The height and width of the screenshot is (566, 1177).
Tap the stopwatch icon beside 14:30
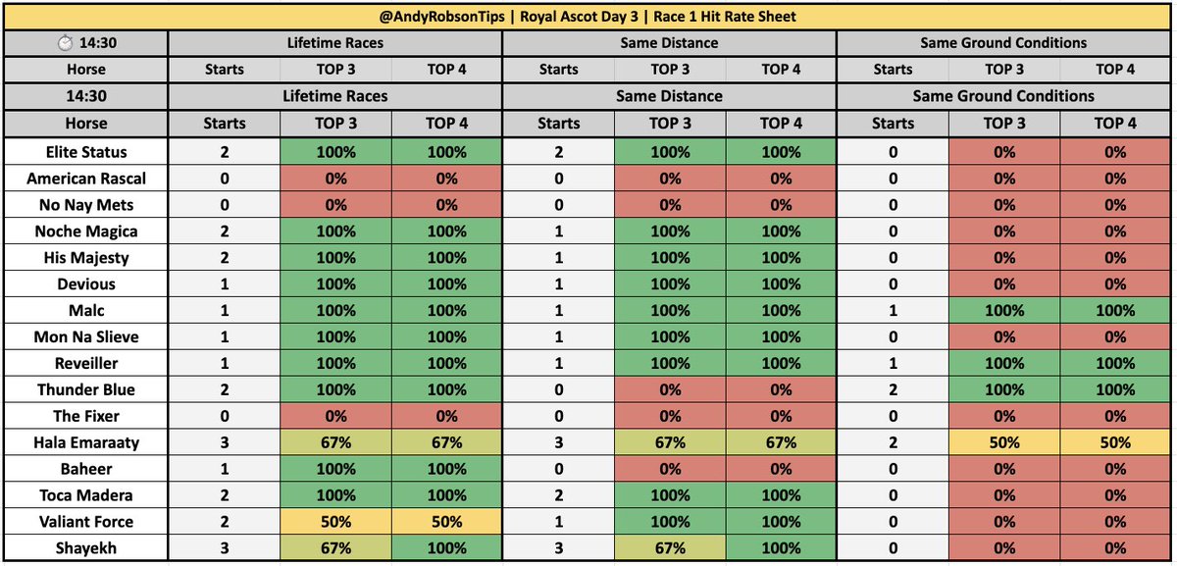[65, 43]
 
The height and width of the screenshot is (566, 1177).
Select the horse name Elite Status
[85, 152]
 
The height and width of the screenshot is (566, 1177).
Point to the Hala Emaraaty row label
[85, 442]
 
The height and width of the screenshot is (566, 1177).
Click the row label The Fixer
[85, 416]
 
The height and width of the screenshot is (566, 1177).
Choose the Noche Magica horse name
[85, 232]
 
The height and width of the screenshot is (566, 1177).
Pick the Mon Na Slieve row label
[85, 336]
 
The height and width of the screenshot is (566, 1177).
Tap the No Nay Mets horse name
[85, 205]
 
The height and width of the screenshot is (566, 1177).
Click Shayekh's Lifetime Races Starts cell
[224, 547]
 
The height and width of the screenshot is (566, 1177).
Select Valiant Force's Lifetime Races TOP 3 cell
[335, 521]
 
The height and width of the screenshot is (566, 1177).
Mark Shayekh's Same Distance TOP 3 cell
[670, 547]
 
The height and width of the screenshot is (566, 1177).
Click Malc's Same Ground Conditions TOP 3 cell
[1004, 311]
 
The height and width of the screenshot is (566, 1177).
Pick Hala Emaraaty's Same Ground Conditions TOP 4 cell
[1115, 442]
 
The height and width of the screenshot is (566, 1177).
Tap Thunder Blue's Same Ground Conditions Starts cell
[893, 389]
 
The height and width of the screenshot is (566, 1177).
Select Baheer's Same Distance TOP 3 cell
[670, 469]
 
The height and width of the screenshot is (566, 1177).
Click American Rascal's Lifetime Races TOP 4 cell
[447, 179]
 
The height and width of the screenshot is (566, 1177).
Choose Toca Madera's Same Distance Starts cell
[558, 495]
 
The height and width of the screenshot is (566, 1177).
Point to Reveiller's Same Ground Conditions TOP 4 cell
[1115, 363]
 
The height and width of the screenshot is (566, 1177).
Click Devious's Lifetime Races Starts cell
[224, 284]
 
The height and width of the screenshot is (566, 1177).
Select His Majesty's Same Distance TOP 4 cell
[781, 258]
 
